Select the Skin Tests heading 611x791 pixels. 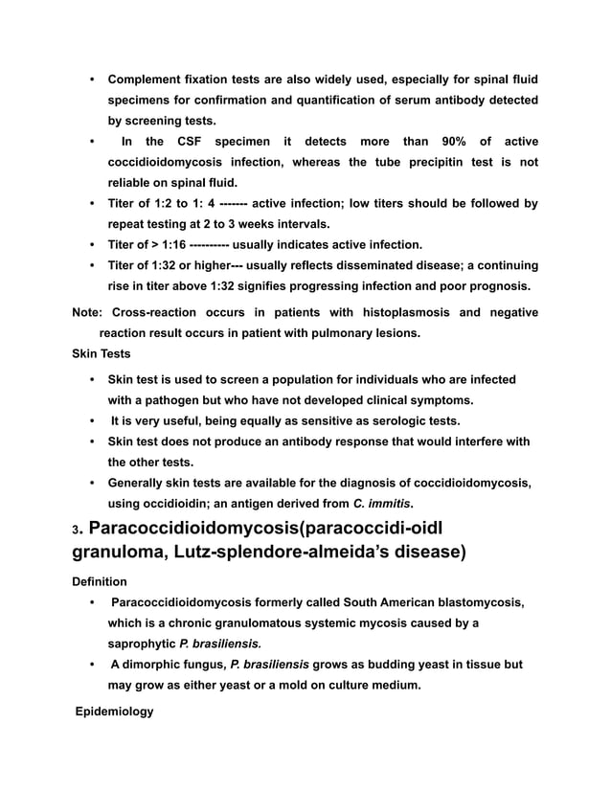(102, 353)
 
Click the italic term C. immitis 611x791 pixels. (383, 502)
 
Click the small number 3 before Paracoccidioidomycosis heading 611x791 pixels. (76, 532)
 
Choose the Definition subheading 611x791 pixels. (100, 581)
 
